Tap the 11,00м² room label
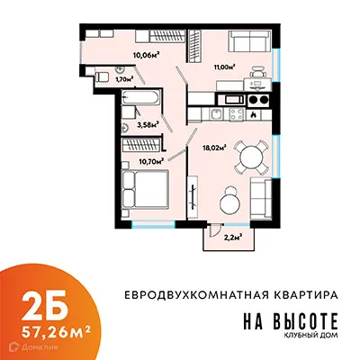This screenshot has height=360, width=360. click(x=223, y=66)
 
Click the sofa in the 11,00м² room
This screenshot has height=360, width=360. click(x=247, y=41)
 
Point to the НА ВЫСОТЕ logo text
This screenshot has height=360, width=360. click(x=290, y=319)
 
